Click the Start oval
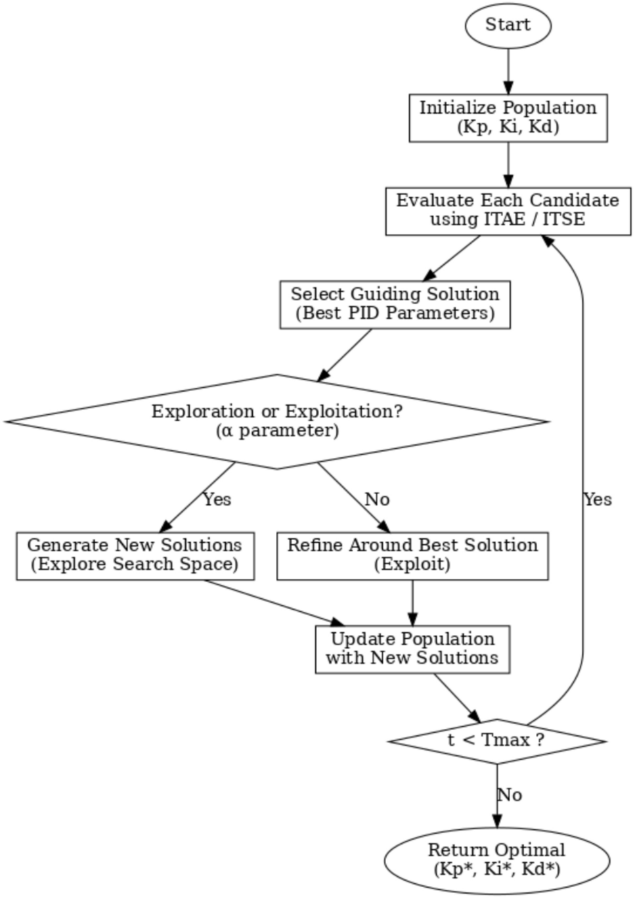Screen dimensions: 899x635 [508, 25]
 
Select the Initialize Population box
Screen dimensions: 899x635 [508, 118]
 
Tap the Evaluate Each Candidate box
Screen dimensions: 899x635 [508, 210]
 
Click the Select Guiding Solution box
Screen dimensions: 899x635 [395, 304]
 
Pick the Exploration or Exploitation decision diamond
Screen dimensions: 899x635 [276, 421]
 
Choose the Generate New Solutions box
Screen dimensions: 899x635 [135, 555]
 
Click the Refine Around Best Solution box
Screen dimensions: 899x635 [412, 555]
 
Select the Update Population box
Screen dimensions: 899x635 [412, 649]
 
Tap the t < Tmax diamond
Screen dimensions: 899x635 [496, 741]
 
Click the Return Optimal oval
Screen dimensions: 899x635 [496, 860]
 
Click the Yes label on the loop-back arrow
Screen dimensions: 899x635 [597, 500]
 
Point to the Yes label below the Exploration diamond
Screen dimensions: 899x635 [217, 500]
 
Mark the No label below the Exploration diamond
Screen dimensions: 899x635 [377, 500]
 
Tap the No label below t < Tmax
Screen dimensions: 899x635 [510, 795]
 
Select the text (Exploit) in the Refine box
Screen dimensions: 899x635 [412, 565]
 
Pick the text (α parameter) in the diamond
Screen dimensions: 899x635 [276, 431]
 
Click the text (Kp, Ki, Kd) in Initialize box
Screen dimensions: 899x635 [508, 127]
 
